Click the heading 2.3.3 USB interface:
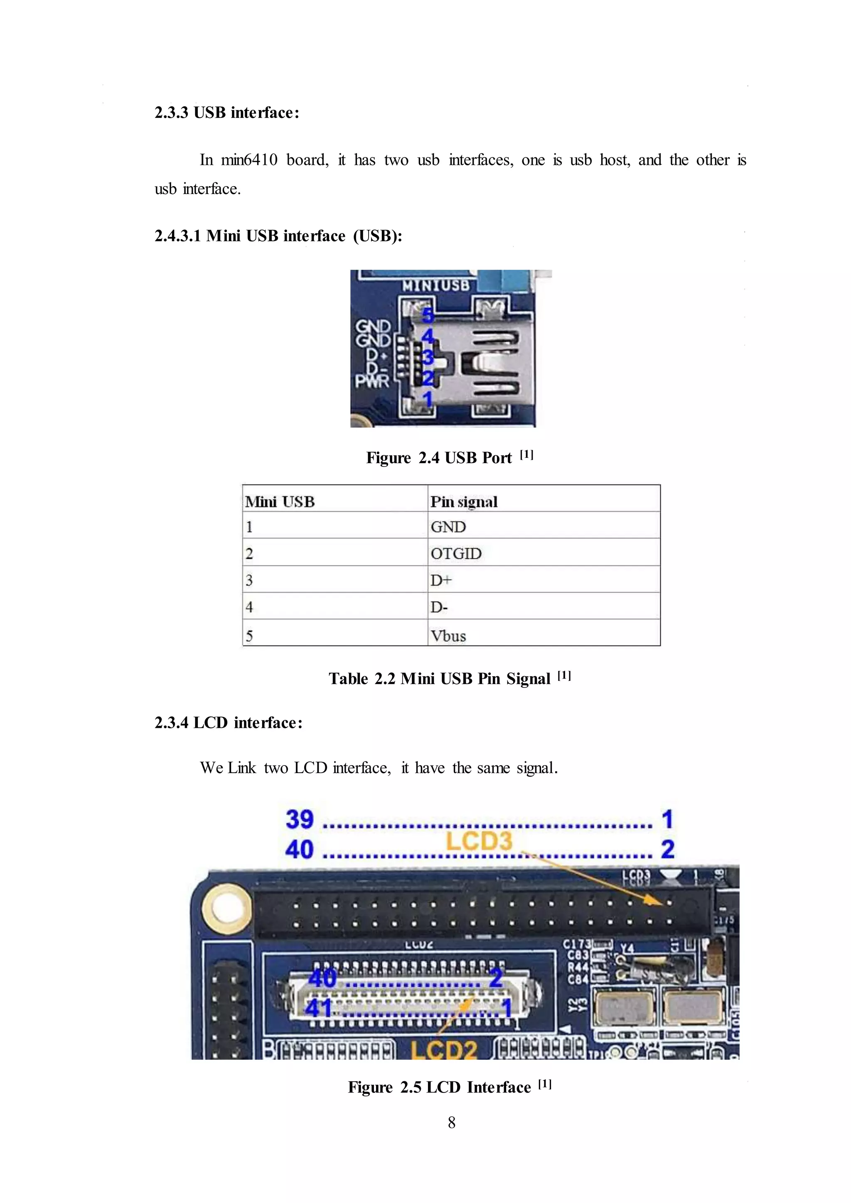coord(226,113)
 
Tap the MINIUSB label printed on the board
coord(435,285)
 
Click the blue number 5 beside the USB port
coord(428,315)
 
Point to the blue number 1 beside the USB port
coord(428,399)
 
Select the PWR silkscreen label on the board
coord(372,381)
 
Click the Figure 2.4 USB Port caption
coord(449,457)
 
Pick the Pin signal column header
coord(464,501)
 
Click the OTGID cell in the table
coord(456,553)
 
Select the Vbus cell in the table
coord(448,636)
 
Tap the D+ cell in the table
coord(441,580)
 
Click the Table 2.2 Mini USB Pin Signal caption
coord(449,678)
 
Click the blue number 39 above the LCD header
coord(299,819)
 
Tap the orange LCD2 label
coord(443,1051)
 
